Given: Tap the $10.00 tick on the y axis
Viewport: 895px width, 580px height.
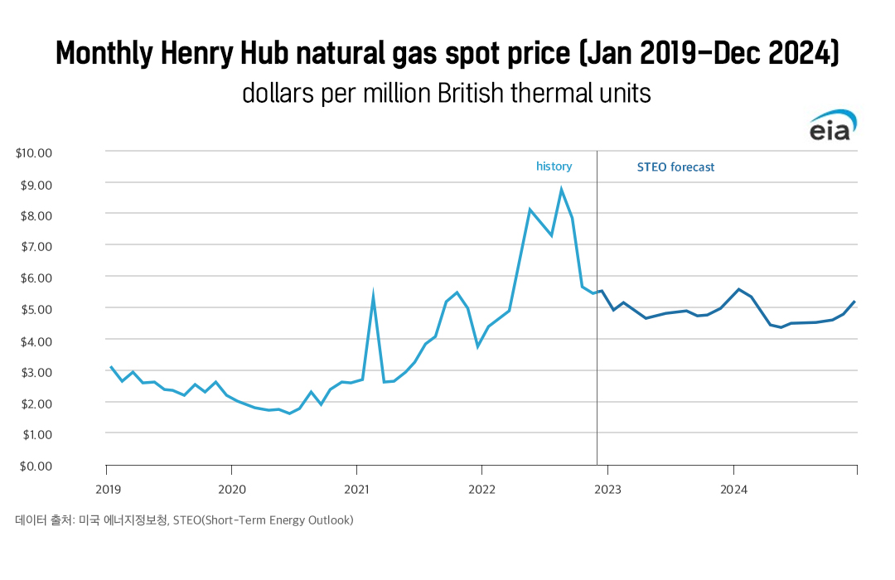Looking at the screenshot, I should tap(34, 152).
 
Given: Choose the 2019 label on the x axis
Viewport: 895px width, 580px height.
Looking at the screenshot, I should tap(107, 490).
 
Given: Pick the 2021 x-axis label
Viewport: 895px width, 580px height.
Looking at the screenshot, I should tap(357, 490).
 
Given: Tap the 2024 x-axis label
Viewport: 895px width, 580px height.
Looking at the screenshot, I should tap(733, 490).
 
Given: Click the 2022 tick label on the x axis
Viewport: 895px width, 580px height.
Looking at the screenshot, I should tap(482, 490).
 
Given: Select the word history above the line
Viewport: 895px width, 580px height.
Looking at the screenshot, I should tap(554, 167).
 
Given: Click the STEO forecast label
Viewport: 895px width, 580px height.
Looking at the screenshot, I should tap(675, 167).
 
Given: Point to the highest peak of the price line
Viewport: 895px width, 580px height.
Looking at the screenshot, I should tap(561, 189).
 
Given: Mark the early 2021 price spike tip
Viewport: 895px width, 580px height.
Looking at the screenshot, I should tap(374, 295).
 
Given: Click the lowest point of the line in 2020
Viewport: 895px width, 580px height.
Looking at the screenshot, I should tap(289, 413).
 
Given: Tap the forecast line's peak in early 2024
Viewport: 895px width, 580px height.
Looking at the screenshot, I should tap(738, 289).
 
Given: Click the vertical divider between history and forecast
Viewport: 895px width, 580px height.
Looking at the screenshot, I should tap(597, 331).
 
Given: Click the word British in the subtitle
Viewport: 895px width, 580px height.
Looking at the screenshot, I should tap(471, 93).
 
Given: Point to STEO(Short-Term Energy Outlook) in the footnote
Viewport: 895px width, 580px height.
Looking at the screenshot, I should tap(263, 520).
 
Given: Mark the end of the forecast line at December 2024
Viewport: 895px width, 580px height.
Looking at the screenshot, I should tap(854, 302).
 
